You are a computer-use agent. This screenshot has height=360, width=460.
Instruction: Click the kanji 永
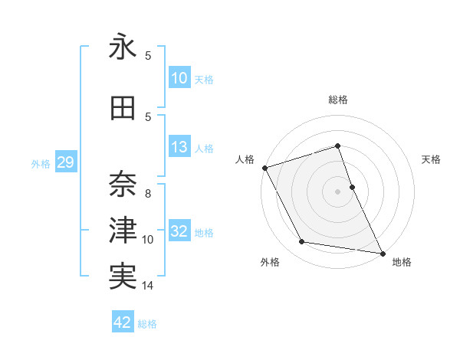click(x=123, y=49)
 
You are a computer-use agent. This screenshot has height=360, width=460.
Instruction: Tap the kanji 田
click(x=123, y=109)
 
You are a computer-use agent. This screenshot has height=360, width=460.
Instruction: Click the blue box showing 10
click(x=179, y=78)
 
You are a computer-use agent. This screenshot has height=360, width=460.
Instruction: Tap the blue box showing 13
click(x=179, y=147)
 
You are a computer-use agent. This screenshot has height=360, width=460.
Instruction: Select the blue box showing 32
click(x=179, y=231)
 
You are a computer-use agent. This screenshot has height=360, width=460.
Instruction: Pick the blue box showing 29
click(x=64, y=162)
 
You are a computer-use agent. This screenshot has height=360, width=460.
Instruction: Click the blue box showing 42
click(x=123, y=322)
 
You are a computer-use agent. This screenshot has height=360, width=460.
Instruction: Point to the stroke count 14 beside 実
click(x=148, y=286)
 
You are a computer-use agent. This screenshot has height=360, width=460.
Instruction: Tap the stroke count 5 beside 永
click(x=148, y=56)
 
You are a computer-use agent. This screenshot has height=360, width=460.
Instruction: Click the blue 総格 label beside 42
click(x=147, y=324)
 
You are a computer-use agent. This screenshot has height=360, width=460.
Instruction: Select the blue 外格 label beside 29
click(x=41, y=163)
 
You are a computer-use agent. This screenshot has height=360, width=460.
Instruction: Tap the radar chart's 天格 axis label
click(x=432, y=159)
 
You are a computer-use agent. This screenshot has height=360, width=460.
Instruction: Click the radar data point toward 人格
click(x=264, y=167)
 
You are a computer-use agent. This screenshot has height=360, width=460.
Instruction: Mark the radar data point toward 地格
click(x=382, y=253)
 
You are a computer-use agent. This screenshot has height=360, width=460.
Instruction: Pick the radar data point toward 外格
click(x=302, y=243)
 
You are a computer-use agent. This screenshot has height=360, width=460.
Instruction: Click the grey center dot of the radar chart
click(x=337, y=191)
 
